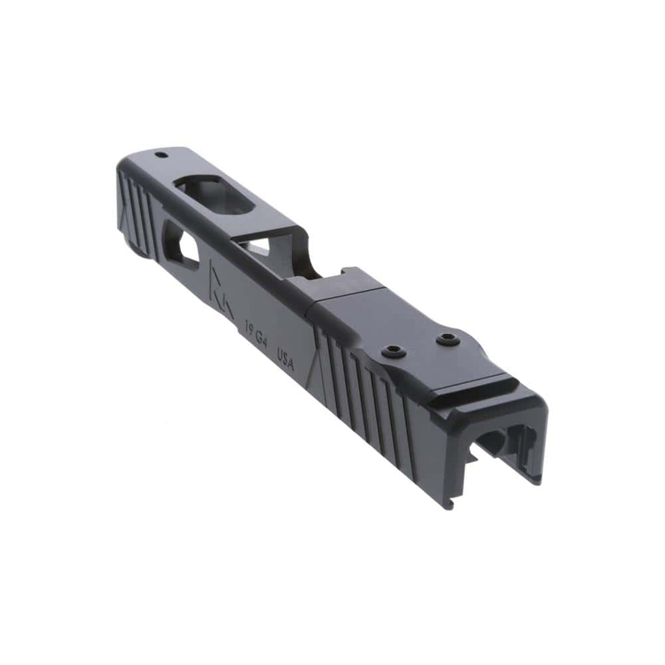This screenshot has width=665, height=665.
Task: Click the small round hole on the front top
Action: tap(160, 156)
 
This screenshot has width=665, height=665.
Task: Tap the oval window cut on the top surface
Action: tap(215, 194)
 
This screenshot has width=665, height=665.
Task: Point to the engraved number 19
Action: tap(251, 328)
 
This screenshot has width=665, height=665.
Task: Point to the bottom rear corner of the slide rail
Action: tap(450, 505)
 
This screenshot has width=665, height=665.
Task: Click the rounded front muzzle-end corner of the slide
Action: tap(123, 163)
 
